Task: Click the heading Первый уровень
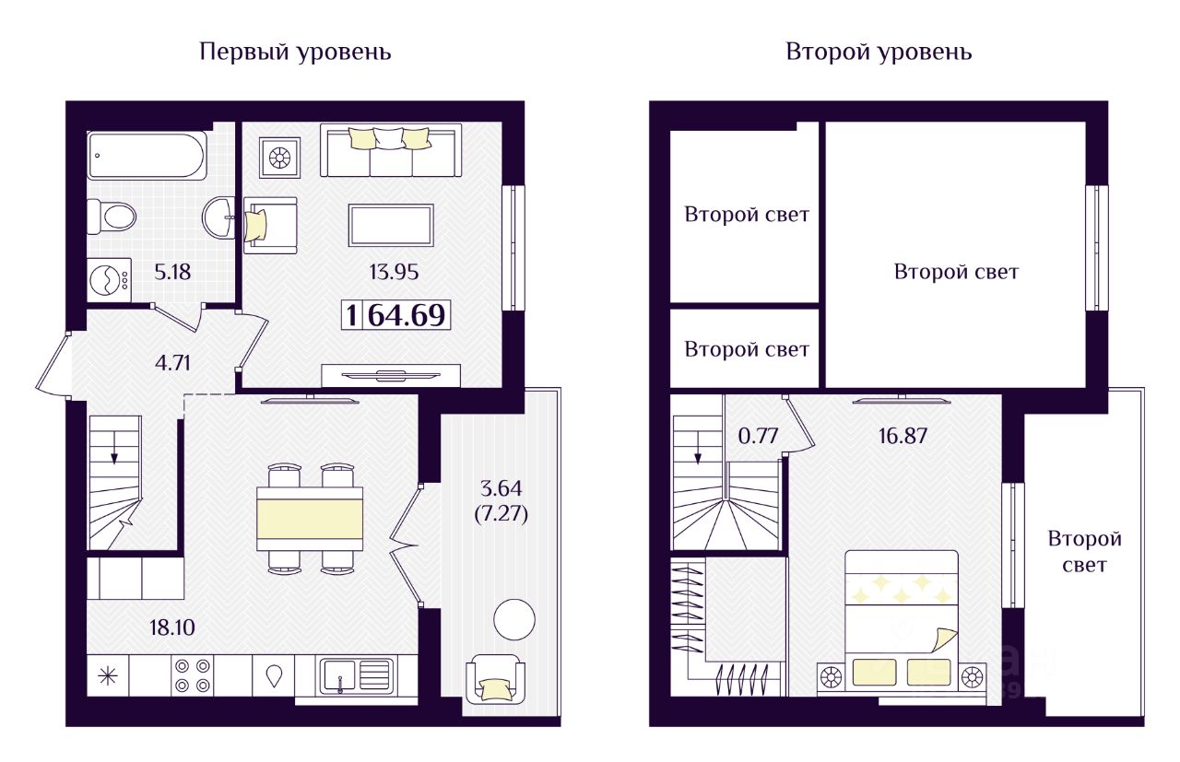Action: click(x=295, y=52)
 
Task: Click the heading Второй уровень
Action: click(x=878, y=52)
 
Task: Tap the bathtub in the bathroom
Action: click(x=147, y=157)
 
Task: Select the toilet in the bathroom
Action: click(x=112, y=217)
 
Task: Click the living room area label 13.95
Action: click(x=394, y=272)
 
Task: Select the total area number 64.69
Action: click(x=406, y=316)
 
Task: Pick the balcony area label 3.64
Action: click(x=501, y=487)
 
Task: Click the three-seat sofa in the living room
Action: click(x=391, y=149)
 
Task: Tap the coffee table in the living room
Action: click(x=391, y=225)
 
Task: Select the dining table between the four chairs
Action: click(x=310, y=519)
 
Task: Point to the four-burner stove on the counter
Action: click(x=192, y=675)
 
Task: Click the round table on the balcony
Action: click(x=513, y=620)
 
